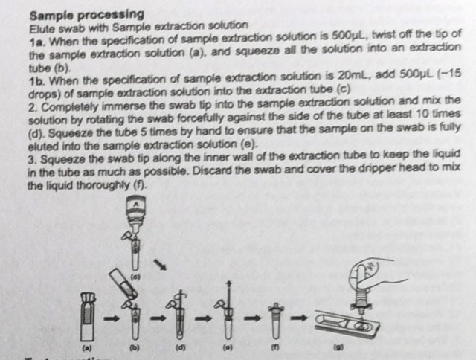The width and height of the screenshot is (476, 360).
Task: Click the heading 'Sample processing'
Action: pyautogui.click(x=87, y=15)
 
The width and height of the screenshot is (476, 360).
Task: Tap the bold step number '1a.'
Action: pyautogui.click(x=38, y=42)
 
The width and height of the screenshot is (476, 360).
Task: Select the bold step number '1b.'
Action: pyautogui.click(x=38, y=81)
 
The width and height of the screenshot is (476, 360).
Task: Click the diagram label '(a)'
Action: pyautogui.click(x=87, y=348)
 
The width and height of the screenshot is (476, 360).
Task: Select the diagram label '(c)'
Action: pyautogui.click(x=135, y=277)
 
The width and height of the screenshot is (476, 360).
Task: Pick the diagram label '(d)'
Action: pyautogui.click(x=180, y=348)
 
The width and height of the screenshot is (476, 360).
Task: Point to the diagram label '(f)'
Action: pyautogui.click(x=274, y=348)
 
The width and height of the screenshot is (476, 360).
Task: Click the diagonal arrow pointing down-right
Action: pyautogui.click(x=161, y=264)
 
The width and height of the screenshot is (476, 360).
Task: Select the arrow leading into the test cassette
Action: pyautogui.click(x=299, y=318)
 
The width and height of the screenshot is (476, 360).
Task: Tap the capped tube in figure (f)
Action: pyautogui.click(x=275, y=321)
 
